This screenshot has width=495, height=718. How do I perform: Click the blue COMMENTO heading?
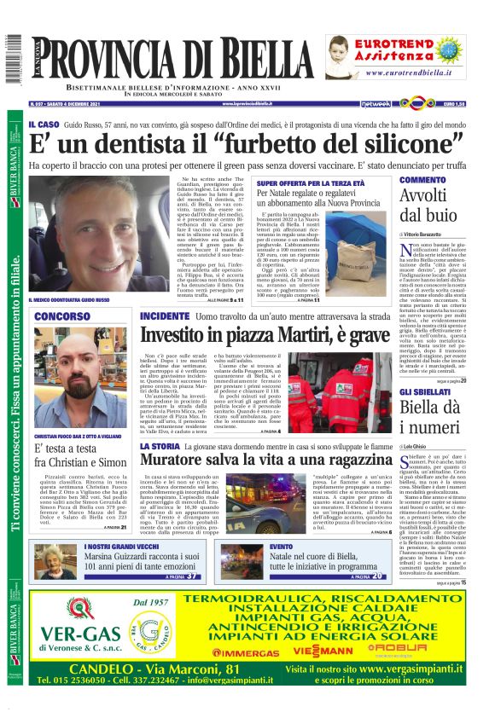399,181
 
